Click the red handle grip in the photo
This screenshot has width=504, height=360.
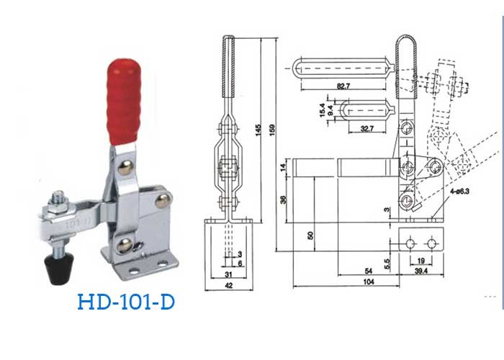click(x=124, y=102)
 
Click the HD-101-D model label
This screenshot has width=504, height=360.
click(x=126, y=302)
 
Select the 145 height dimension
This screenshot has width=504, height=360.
click(x=258, y=130)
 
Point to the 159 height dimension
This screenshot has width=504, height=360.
click(x=272, y=130)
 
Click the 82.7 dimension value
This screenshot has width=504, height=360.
click(x=343, y=86)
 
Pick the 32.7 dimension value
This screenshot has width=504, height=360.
click(x=366, y=129)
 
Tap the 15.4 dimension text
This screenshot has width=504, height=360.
click(x=323, y=110)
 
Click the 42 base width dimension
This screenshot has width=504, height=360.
click(x=228, y=285)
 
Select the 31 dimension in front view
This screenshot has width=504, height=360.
click(x=228, y=274)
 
